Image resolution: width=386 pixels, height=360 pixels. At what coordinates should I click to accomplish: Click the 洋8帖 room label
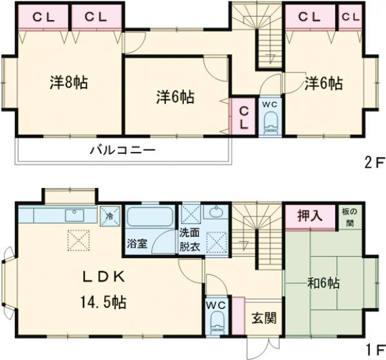click(x=69, y=82)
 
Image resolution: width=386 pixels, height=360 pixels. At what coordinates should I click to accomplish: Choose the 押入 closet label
click(x=309, y=216)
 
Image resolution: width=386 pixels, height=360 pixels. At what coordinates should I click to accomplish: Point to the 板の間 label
click(x=356, y=216)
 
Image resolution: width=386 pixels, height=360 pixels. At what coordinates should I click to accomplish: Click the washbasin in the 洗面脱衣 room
click(x=213, y=213)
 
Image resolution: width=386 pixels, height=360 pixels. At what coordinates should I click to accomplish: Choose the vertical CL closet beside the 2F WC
click(x=244, y=117)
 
